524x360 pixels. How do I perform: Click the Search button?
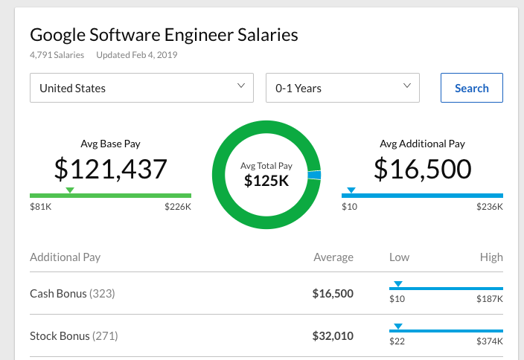471,88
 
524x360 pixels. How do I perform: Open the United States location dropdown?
141,88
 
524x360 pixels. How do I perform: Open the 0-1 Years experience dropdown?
342,88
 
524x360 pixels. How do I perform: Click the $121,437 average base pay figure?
110,169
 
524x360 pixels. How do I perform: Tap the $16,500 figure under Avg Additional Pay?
422,169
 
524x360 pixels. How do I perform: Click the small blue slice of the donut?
314,176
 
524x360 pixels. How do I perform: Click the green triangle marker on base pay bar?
70,190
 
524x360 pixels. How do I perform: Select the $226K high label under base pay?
178,206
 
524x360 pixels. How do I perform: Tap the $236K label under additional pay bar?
490,206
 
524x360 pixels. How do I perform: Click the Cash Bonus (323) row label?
72,294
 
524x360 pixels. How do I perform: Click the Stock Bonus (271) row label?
74,336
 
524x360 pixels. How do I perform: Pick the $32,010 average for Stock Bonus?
333,336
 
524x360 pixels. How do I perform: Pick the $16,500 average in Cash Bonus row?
333,294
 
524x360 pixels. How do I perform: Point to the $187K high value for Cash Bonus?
490,299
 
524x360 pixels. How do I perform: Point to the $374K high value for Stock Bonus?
490,341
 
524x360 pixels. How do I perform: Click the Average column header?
333,257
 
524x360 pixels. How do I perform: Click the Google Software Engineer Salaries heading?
164,35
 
